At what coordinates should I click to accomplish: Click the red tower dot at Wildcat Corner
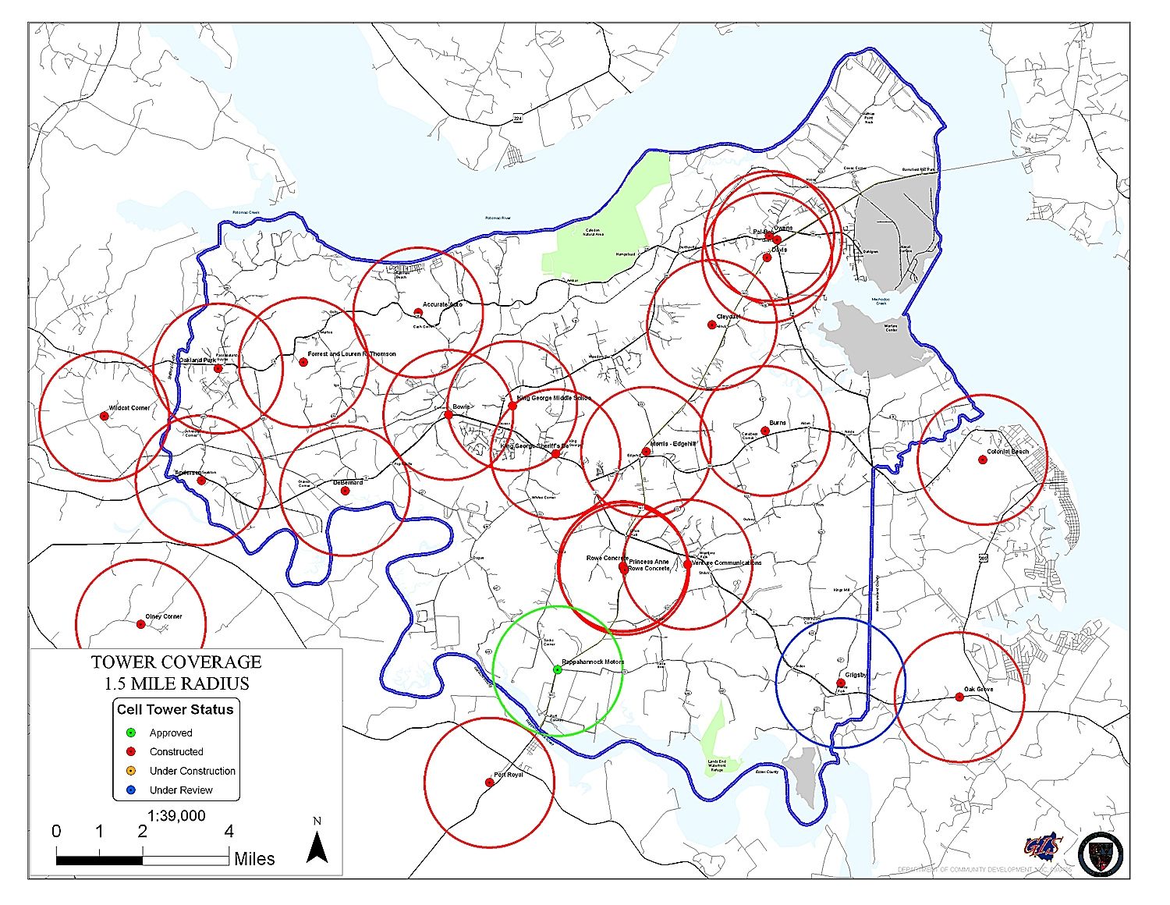coord(104,416)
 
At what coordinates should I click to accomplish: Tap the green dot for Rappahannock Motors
coord(557,669)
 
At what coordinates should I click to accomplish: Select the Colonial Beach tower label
coord(1008,452)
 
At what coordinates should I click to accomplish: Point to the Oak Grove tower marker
coord(959,697)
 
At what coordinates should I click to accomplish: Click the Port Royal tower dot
coord(490,782)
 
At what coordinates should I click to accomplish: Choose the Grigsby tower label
coord(856,675)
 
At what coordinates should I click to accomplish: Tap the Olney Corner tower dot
coord(141,623)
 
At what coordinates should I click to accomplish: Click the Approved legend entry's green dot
coord(131,733)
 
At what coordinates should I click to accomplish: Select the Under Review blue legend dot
coord(131,790)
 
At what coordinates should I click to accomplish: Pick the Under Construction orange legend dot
coord(131,771)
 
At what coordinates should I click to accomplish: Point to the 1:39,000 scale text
coord(176,815)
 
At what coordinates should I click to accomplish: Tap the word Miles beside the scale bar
coord(254,859)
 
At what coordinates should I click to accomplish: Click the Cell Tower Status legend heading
coord(175,709)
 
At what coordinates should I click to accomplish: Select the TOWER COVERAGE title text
coord(176,662)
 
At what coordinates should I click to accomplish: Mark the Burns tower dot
coord(765,431)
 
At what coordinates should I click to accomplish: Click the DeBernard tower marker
coord(345,490)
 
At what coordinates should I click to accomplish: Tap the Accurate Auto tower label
coord(442,304)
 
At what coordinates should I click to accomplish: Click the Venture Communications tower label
coord(726,563)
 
